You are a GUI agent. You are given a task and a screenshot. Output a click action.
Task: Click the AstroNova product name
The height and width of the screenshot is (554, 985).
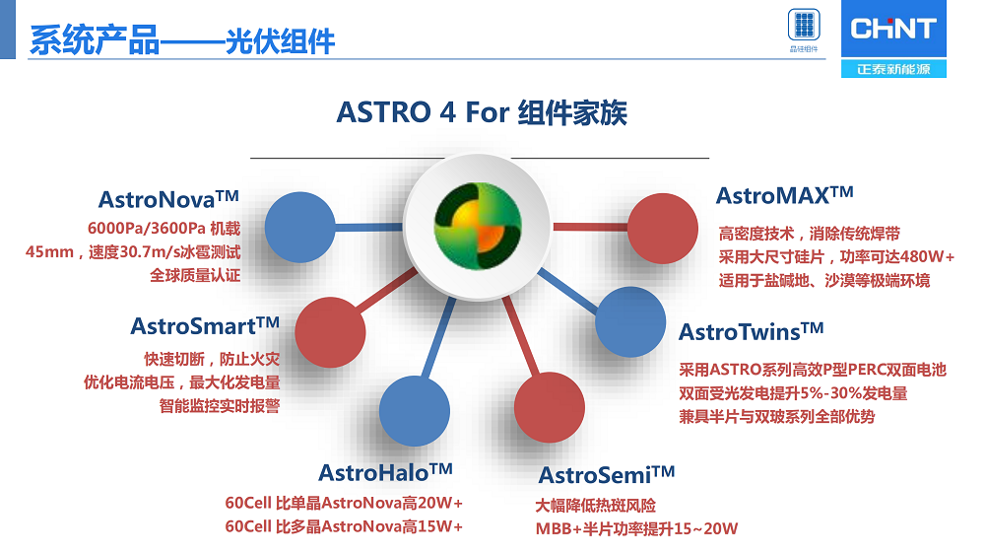tap(168, 199)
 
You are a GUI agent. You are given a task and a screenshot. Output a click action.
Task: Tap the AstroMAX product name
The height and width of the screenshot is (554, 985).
tap(785, 195)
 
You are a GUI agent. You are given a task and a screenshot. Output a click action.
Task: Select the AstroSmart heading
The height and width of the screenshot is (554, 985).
tap(205, 325)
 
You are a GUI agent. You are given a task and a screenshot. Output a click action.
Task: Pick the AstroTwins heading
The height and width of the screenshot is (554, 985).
tap(751, 331)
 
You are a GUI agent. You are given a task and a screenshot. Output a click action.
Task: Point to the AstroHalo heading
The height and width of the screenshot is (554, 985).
tap(385, 472)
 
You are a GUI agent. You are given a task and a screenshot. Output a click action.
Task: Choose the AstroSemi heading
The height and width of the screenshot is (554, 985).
tap(606, 475)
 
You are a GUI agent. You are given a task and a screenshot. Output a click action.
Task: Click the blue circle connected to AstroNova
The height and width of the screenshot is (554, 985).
tap(299, 227)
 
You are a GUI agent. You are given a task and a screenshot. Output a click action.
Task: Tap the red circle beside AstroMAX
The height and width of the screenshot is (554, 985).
tap(662, 229)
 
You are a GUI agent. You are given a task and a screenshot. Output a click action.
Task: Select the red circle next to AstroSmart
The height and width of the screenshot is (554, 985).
tap(330, 332)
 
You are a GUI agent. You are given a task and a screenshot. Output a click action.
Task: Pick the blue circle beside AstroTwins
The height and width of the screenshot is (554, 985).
tap(630, 322)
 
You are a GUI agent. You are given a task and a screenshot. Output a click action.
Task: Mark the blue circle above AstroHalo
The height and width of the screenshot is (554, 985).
tap(414, 411)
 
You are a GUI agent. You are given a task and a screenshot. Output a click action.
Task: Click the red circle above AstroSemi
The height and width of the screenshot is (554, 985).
tap(549, 407)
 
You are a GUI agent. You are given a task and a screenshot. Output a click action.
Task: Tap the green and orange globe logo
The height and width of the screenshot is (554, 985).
tap(478, 226)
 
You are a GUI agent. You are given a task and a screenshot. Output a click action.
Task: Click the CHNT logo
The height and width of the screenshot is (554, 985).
tap(893, 29)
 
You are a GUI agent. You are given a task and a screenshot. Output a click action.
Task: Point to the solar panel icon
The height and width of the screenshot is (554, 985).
tap(804, 26)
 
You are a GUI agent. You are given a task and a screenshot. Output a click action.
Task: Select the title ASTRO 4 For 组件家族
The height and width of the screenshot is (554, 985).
tap(482, 113)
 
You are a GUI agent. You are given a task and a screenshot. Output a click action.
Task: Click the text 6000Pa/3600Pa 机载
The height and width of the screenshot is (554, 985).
tap(164, 229)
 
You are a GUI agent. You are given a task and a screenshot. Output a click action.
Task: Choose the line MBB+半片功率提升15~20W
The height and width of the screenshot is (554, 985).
tap(636, 528)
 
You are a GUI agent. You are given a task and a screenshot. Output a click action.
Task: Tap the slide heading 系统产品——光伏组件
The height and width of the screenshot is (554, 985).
tap(182, 40)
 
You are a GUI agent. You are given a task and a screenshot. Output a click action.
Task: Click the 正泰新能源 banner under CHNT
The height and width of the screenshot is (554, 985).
tap(893, 69)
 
